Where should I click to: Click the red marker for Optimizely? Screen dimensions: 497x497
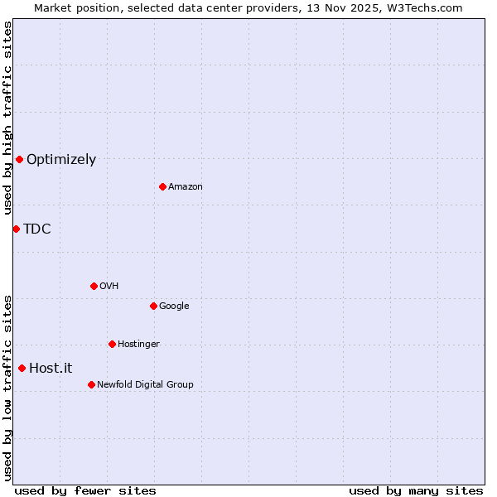(x=19, y=159)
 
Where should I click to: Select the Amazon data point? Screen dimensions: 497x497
(x=162, y=186)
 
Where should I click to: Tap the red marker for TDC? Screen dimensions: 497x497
(x=16, y=229)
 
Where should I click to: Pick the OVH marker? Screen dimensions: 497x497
(x=94, y=286)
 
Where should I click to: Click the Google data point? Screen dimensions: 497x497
(x=153, y=306)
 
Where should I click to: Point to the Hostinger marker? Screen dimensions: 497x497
(x=112, y=344)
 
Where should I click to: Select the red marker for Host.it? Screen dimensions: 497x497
(x=22, y=368)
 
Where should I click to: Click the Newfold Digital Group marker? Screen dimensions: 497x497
(x=91, y=384)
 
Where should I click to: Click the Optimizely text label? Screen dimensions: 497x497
(x=61, y=160)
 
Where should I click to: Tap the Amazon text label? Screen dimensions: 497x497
(x=186, y=187)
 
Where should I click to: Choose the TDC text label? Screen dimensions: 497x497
(x=37, y=229)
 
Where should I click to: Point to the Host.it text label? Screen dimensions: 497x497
(x=51, y=369)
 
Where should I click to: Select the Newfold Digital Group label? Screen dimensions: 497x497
(x=145, y=384)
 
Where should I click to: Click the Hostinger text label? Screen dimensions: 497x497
(x=138, y=345)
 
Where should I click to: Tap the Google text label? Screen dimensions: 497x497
(x=174, y=306)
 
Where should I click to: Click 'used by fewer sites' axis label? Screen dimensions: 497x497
(x=85, y=490)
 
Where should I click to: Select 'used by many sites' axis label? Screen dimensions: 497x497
(x=416, y=490)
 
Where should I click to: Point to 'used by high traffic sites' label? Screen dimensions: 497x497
(x=7, y=118)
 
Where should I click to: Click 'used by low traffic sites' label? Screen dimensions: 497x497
(x=7, y=387)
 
